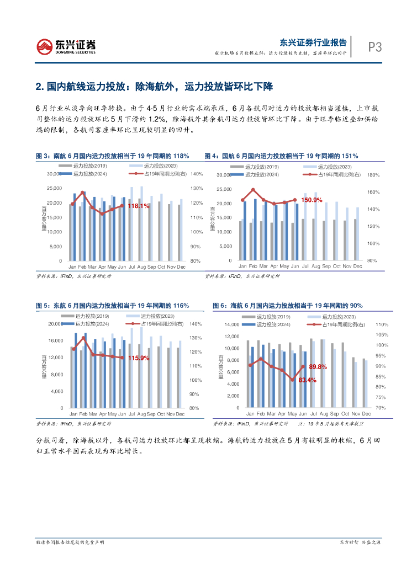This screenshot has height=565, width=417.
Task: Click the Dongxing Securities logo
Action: pyautogui.click(x=66, y=46)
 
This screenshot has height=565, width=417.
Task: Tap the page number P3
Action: pyautogui.click(x=375, y=47)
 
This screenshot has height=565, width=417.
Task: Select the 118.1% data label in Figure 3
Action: pyautogui.click(x=139, y=206)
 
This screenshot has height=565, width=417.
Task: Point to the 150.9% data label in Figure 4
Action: pyautogui.click(x=312, y=200)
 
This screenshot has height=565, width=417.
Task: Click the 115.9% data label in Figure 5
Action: pyautogui.click(x=139, y=358)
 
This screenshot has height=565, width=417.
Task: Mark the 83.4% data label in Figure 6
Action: pyautogui.click(x=307, y=380)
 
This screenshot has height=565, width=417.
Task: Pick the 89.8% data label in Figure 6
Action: pyautogui.click(x=318, y=366)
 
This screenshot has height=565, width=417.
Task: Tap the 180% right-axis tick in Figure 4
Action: pyautogui.click(x=372, y=175)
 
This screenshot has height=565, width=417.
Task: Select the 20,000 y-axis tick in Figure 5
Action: pyautogui.click(x=55, y=324)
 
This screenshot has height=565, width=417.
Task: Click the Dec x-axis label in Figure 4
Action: pyautogui.click(x=357, y=266)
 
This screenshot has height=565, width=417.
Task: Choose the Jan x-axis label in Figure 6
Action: pyautogui.click(x=250, y=414)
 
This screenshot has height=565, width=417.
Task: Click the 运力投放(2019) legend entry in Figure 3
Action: pyautogui.click(x=92, y=166)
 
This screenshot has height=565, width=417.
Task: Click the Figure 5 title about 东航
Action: pyautogui.click(x=112, y=305)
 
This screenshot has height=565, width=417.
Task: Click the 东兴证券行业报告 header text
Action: pyautogui.click(x=313, y=42)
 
